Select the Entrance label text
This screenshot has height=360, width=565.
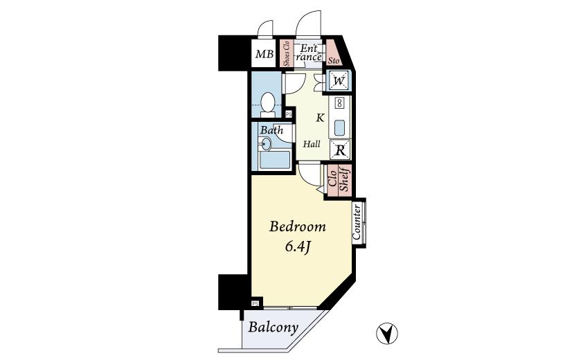coord(308,53)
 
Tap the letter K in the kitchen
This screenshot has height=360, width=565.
coord(320,118)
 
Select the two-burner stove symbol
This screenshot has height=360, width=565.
coord(340,103)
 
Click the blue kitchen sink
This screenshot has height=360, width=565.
coord(340,128)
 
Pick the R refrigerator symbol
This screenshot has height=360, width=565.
coord(340,148)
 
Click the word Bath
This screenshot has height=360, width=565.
coord(271,129)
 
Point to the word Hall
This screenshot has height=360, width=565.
coord(312,144)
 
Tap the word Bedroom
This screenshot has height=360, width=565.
coord(297,227)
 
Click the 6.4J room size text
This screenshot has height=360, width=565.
coord(298,246)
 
